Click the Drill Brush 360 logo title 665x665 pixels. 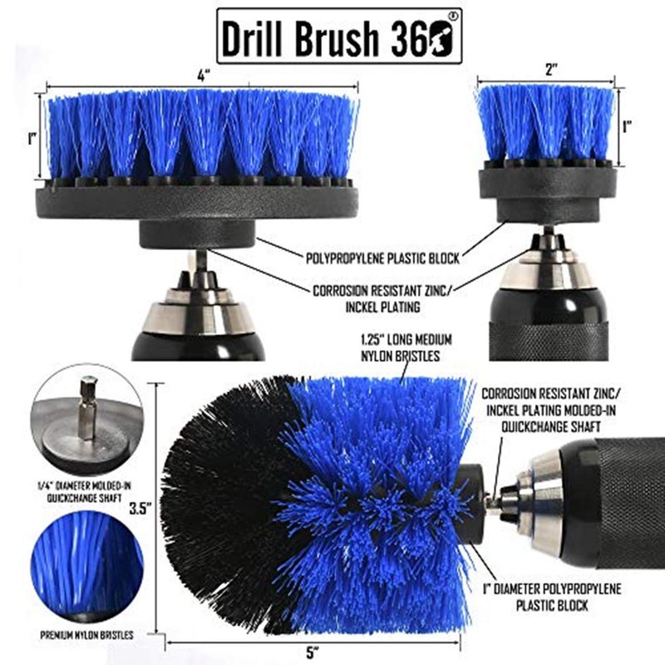coord(339,36)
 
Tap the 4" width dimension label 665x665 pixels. coord(204,76)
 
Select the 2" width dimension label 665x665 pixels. coord(551,69)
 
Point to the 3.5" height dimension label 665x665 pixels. coord(140,508)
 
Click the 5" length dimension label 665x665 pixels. coord(313,653)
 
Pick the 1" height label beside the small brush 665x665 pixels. coord(627,126)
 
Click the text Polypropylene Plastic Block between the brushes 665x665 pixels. coord(382,259)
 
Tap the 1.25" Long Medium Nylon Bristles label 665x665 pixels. coord(406,347)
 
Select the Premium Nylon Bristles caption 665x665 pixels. coord(86,635)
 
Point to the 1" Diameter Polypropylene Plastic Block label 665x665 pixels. coord(552,597)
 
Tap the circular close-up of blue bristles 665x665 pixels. coord(88,566)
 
